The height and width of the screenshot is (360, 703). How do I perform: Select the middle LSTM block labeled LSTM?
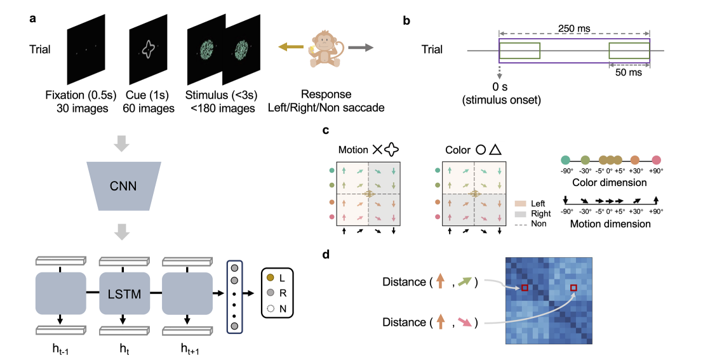point(124,294)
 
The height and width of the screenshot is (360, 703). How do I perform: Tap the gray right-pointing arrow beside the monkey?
point(359,47)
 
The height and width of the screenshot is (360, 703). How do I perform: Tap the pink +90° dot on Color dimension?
point(657,161)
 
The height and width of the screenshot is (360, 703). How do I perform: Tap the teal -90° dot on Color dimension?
point(566,161)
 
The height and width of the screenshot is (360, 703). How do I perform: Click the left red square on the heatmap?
point(525,288)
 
